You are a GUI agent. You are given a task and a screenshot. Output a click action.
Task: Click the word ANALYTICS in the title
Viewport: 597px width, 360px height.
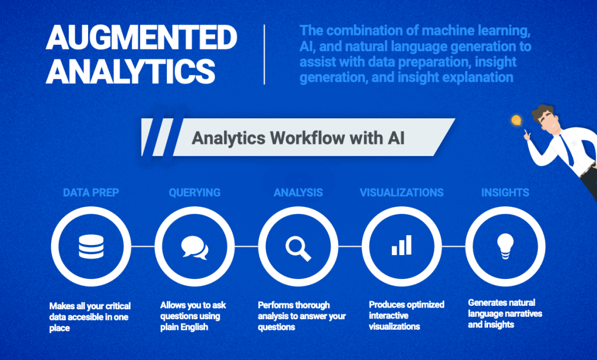coord(131,72)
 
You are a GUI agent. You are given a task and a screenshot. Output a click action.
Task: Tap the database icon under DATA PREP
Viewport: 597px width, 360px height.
coord(91,247)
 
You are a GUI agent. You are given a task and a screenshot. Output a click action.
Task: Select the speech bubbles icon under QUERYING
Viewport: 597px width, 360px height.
coord(195,247)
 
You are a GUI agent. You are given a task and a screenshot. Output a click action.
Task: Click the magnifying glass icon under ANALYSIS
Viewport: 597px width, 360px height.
coord(298,247)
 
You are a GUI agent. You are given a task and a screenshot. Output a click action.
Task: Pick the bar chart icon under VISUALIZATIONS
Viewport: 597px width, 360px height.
coord(402,245)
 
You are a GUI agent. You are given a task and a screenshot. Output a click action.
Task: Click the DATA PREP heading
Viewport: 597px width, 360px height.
coord(91,193)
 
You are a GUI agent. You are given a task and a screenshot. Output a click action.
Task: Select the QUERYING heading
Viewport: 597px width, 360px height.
coord(195,193)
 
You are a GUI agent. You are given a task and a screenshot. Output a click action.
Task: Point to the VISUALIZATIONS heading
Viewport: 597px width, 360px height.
coord(402,193)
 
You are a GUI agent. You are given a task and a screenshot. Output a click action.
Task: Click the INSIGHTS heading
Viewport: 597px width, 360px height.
coord(505,193)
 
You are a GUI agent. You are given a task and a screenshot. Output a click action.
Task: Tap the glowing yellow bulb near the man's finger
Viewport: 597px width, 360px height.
coord(515,121)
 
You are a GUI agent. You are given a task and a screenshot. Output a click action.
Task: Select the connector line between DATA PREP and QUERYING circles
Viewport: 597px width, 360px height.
coord(143,246)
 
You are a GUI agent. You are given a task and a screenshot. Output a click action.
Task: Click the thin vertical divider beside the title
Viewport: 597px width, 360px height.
coord(265,55)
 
